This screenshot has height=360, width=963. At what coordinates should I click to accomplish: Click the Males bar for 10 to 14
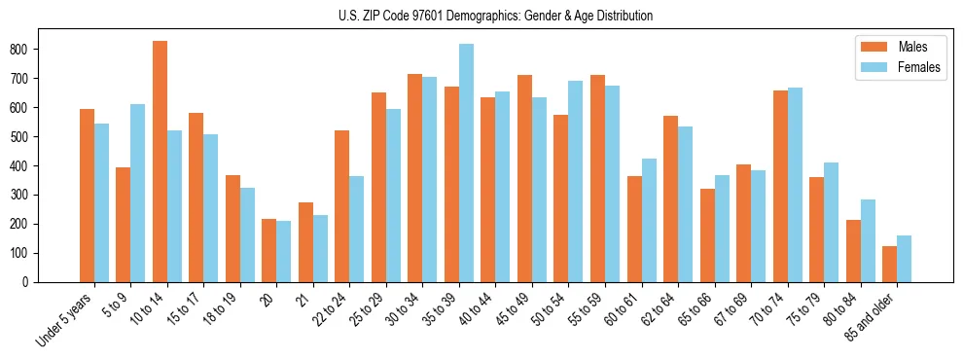point(160,162)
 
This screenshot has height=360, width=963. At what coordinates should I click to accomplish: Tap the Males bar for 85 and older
point(890,264)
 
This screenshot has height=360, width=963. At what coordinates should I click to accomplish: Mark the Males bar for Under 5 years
point(87,196)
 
